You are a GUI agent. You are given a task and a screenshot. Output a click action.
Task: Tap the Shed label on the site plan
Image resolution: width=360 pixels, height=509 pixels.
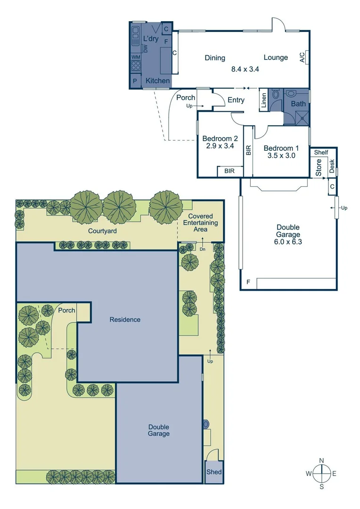pos(213,472)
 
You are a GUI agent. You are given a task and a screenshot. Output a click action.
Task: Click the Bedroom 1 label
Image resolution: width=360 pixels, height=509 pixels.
pos(279,148)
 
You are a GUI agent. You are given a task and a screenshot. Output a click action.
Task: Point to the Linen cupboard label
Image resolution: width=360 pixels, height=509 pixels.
pos(264,99)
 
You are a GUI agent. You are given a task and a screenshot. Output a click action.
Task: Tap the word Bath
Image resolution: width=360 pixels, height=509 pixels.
pos(298,104)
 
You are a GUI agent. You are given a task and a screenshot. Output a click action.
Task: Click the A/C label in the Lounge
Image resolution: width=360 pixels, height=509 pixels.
pos(302,57)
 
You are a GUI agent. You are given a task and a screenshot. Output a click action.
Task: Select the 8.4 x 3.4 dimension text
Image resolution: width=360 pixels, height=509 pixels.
pos(245,69)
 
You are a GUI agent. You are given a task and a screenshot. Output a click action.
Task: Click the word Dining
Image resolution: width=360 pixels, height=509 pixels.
pos(215,58)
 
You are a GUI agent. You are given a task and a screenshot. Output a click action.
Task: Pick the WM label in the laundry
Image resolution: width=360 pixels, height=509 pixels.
pos(135,57)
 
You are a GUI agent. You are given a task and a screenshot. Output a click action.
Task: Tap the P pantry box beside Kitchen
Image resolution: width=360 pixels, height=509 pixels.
pos(135,81)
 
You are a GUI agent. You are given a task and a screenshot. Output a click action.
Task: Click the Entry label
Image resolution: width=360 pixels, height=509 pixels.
pos(236,100)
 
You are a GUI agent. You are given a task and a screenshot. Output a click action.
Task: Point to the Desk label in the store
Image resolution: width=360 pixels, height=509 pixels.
pos(332,165)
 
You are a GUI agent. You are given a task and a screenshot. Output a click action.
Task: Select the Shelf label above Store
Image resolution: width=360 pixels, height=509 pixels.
pos(321,152)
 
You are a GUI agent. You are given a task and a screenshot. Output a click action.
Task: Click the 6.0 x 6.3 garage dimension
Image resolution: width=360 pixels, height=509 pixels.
pos(288,242)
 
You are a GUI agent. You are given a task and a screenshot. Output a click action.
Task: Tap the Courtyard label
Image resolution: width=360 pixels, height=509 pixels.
pos(102,231)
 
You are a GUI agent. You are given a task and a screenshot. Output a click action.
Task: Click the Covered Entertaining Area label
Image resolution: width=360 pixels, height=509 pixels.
pos(200,222)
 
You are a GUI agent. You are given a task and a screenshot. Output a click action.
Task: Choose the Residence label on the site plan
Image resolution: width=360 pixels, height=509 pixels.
pos(125,320)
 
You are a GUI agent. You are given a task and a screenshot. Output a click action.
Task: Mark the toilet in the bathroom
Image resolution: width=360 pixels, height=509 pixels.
pos(277,94)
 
